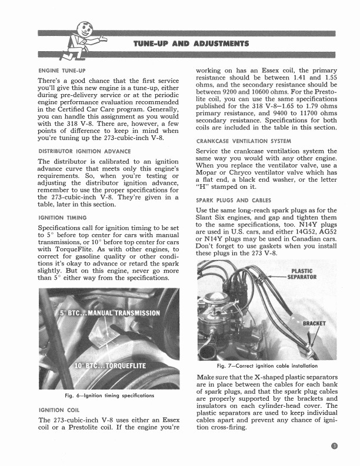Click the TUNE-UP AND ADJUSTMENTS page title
click(x=191, y=44)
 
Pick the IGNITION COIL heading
click(x=58, y=410)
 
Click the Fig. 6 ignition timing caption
click(x=110, y=395)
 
